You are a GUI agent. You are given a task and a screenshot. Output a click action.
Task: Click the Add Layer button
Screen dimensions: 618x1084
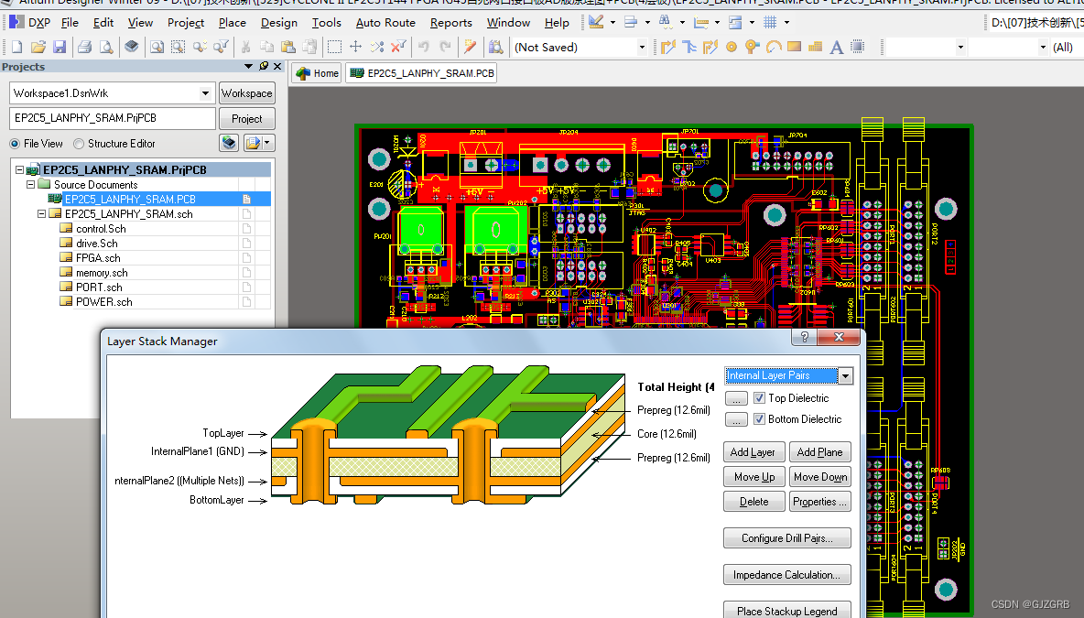pyautogui.click(x=753, y=452)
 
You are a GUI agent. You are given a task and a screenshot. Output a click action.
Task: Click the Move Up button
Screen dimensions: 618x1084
pyautogui.click(x=753, y=477)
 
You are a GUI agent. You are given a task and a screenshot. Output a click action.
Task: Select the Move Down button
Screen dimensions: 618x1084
pyautogui.click(x=819, y=477)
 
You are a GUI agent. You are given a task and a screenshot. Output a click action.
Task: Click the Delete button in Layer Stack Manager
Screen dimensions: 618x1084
pyautogui.click(x=753, y=502)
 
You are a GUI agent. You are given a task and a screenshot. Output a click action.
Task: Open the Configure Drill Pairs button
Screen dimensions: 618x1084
pyautogui.click(x=787, y=538)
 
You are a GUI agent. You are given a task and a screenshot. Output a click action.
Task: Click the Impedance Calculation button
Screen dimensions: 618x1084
pyautogui.click(x=787, y=575)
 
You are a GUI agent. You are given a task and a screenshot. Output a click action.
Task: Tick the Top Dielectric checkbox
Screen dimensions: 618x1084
pyautogui.click(x=759, y=398)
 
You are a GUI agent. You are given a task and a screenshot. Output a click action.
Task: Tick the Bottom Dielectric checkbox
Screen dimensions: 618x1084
pyautogui.click(x=759, y=419)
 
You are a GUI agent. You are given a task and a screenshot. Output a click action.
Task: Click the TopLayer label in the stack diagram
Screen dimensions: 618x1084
pyautogui.click(x=223, y=433)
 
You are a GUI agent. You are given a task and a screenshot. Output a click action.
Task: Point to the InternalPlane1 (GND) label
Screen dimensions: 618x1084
pyautogui.click(x=198, y=451)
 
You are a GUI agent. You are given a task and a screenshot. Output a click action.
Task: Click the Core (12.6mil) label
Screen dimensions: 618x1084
pyautogui.click(x=667, y=434)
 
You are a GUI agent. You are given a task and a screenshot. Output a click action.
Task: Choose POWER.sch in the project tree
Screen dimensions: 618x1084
pyautogui.click(x=103, y=302)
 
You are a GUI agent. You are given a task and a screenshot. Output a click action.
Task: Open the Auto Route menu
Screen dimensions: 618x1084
pyautogui.click(x=385, y=23)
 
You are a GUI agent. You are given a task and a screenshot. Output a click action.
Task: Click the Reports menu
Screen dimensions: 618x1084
pyautogui.click(x=450, y=23)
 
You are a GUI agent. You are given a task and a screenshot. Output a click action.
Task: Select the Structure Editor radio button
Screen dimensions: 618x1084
pyautogui.click(x=80, y=144)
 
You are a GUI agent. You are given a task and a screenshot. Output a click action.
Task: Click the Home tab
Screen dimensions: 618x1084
pyautogui.click(x=317, y=73)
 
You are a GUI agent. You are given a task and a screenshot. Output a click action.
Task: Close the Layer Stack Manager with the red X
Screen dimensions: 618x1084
pyautogui.click(x=839, y=338)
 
